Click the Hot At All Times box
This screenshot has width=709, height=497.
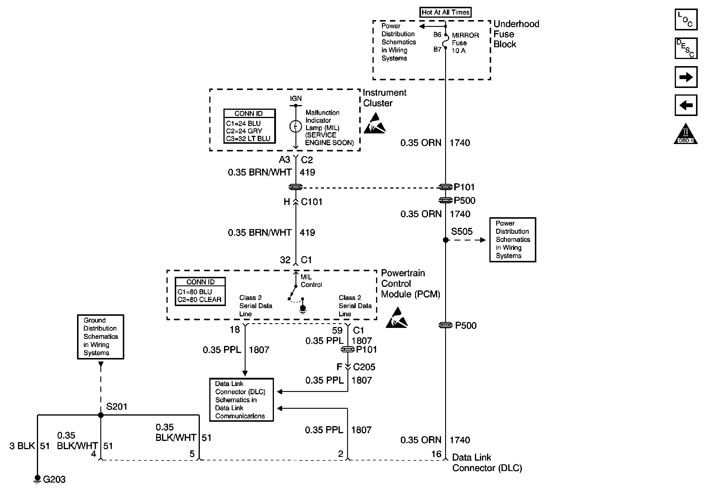(445, 12)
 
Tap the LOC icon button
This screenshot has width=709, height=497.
(686, 20)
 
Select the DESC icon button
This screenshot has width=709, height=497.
(686, 48)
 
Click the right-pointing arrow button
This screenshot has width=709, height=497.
(686, 77)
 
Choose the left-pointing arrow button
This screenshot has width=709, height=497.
(686, 105)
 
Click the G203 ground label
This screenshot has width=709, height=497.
(54, 479)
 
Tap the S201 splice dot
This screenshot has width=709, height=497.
(101, 415)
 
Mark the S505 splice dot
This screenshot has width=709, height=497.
(446, 240)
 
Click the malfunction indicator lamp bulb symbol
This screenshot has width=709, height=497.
(295, 126)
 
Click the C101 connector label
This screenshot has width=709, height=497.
(312, 202)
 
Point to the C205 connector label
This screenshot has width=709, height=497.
(364, 367)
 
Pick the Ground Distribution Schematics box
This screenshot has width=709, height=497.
(100, 337)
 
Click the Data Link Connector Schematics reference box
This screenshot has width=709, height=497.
(241, 400)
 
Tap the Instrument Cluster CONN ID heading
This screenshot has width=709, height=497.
(249, 113)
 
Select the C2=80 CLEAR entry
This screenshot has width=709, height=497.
(200, 300)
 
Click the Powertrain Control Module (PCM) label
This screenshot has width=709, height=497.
(410, 283)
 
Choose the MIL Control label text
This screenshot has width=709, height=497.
(311, 281)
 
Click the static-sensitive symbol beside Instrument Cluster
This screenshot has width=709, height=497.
(374, 124)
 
